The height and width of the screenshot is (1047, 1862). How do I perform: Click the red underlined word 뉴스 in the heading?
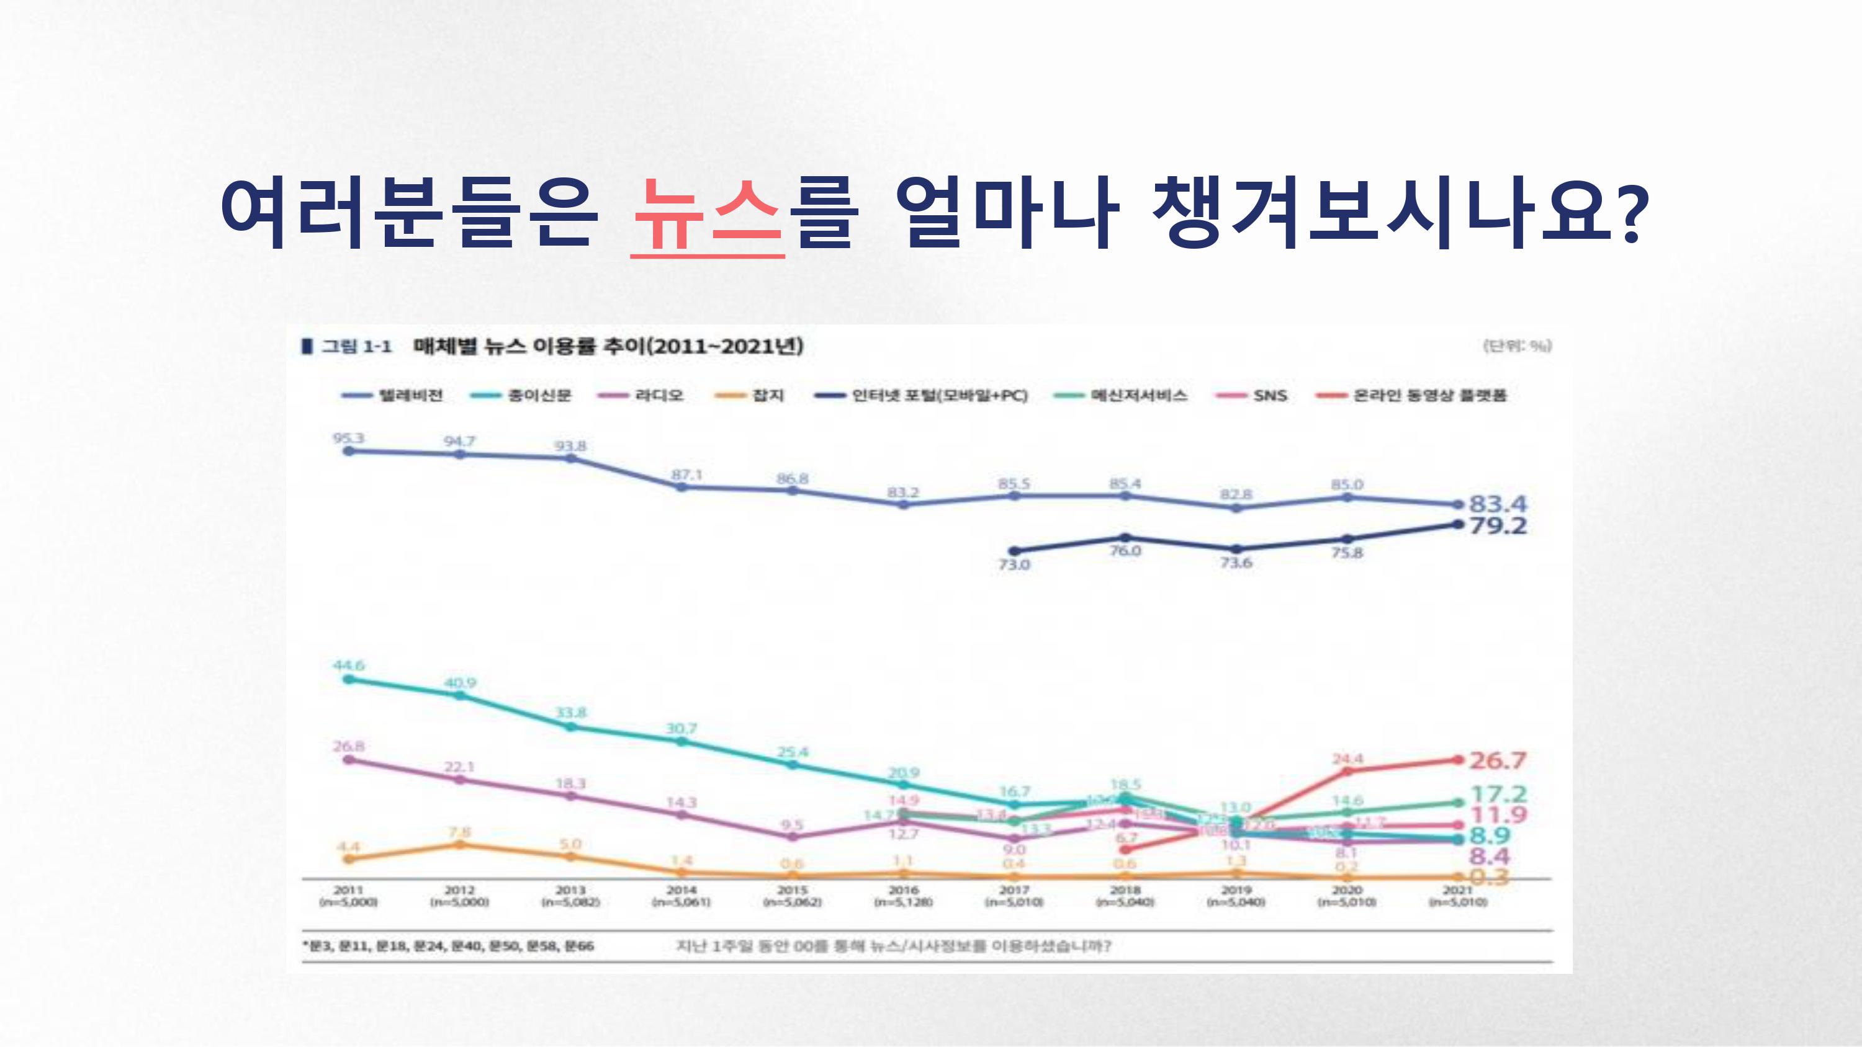coord(707,213)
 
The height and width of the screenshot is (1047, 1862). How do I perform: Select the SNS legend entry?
coord(1270,395)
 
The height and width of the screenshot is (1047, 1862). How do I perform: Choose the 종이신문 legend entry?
coord(539,395)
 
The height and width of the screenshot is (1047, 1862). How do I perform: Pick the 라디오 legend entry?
coord(659,395)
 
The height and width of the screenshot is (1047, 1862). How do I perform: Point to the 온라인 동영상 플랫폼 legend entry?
coord(1429,395)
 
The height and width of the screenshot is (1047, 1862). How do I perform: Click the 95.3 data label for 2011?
coord(348,438)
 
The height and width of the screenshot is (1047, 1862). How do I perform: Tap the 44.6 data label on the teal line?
coord(348,665)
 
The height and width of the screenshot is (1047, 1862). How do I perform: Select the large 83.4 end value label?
coord(1498,503)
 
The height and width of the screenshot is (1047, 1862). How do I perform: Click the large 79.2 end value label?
coord(1498,525)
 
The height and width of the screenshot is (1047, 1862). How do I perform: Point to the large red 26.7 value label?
coord(1497,760)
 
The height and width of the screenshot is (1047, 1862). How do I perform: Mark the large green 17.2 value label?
coord(1498,794)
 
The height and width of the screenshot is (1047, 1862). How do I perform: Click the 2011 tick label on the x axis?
coord(348,890)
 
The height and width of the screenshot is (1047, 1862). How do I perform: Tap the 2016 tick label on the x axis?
coord(903,890)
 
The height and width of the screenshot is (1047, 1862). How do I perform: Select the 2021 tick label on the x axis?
coord(1457,890)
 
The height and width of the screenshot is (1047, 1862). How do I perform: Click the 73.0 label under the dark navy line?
coord(1014,564)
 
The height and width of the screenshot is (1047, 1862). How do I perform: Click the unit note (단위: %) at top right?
coord(1517,345)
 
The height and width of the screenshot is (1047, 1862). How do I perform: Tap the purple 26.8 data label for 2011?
coord(348,746)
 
